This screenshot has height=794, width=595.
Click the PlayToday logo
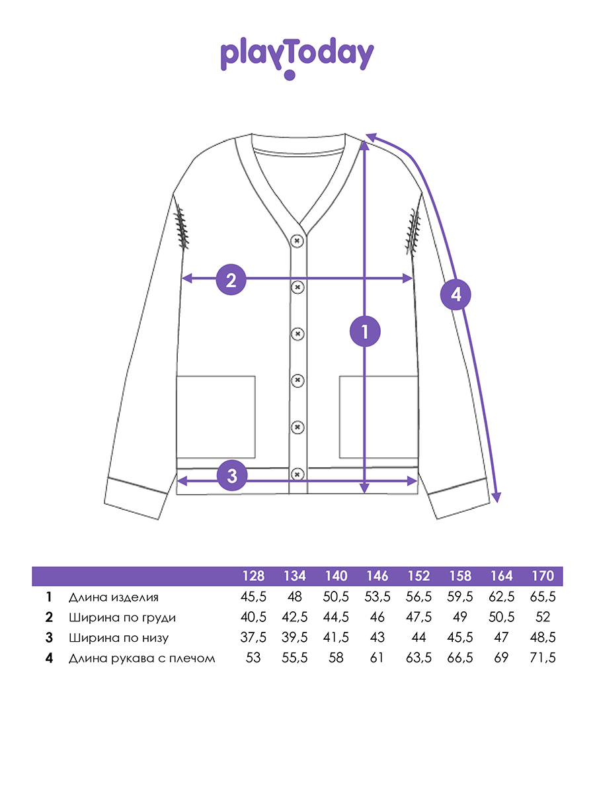pos(297,58)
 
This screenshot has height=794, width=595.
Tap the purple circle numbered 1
pos(365,331)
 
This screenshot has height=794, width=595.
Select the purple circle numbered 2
pos(231,280)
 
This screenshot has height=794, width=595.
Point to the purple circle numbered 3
pos(232,475)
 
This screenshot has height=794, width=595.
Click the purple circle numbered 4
pos(456,294)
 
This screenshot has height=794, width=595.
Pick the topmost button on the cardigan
pos(297,241)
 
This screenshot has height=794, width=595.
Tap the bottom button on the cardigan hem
pos(297,474)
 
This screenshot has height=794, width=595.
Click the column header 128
pos(253,576)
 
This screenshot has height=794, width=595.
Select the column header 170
pos(543,576)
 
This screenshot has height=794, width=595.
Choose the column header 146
pos(377,576)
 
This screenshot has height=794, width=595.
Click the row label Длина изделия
pos(114,597)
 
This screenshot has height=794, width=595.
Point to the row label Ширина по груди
pos(122,617)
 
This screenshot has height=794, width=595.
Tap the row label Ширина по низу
pos(118,638)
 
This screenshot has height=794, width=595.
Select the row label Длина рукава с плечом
pos(141,658)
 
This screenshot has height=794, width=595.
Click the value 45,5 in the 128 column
pos(253,597)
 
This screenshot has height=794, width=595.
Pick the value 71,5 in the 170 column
pos(543,658)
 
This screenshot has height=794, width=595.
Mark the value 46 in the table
pos(377,617)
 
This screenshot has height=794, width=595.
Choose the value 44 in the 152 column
pos(418,637)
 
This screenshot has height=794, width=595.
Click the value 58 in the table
pos(336,657)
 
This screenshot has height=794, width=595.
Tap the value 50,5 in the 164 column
pos(501,617)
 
